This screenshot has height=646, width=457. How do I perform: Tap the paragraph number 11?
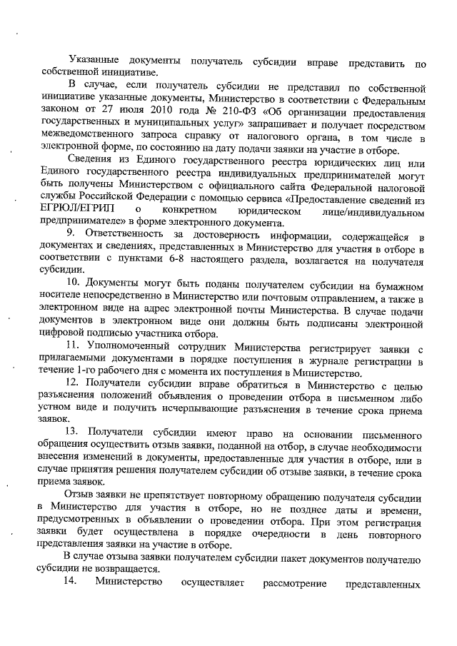click(x=73, y=346)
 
